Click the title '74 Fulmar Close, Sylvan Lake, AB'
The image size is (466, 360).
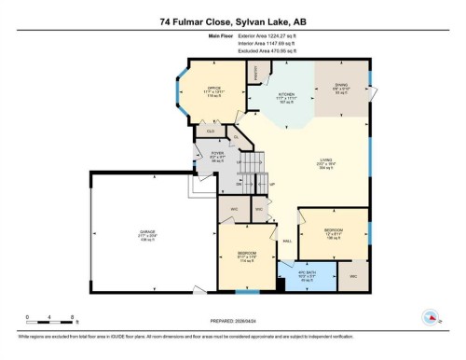pos(232,20)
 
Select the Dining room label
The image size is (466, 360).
pos(340,88)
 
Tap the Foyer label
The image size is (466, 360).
pos(218,157)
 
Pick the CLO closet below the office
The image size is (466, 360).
pos(211,132)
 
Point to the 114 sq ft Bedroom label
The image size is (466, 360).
pos(247,257)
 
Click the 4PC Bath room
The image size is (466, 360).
pos(307,278)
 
